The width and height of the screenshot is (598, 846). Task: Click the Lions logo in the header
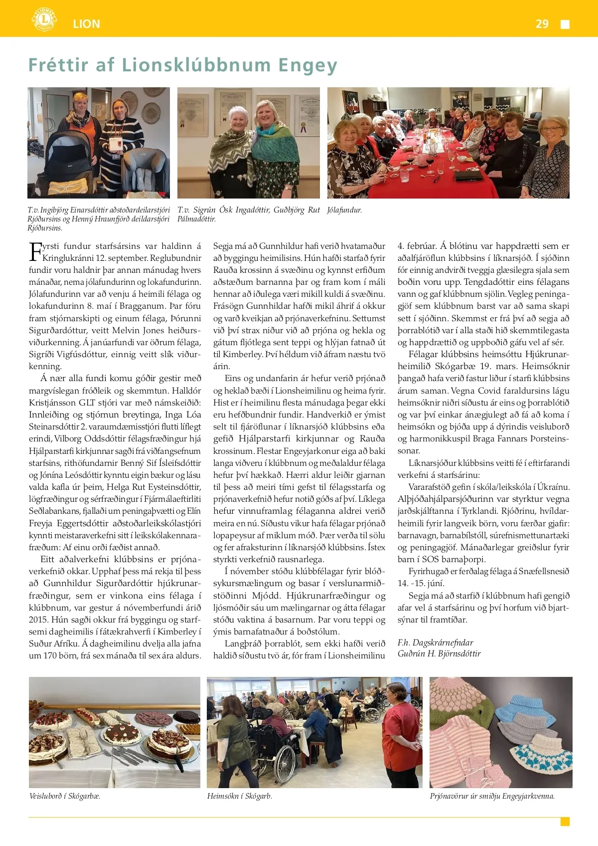pos(44,19)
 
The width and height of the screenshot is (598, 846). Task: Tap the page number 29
pos(542,24)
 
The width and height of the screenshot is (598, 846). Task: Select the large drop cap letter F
pos(35,252)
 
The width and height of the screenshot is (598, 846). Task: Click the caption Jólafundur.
pos(344,210)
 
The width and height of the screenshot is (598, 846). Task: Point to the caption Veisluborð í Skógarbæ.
pos(65,796)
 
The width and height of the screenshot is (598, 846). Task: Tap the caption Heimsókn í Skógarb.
pos(240,796)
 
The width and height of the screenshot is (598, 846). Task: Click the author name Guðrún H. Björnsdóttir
pos(439,653)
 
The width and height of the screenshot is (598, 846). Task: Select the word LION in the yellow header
pos(86,24)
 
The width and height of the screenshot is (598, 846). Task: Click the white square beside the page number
pos(565,24)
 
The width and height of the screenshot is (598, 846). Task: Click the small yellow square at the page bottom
pos(565,822)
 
